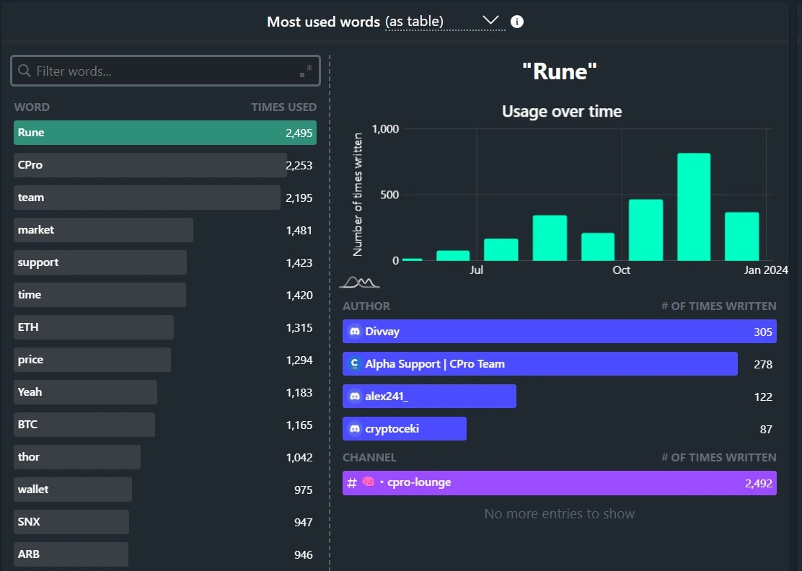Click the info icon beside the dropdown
pos(517,22)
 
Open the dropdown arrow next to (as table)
pos(490,21)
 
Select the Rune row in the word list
pos(164,133)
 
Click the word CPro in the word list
pos(30,165)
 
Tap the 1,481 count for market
pos(299,230)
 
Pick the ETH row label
pos(28,327)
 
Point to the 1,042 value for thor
pos(299,457)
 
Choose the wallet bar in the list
pos(72,490)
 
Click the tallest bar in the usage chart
pos(693,207)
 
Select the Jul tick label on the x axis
pos(476,270)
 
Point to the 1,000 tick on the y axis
pos(385,129)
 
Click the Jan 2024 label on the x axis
pos(766,270)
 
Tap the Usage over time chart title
pos(561,112)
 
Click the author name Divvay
pos(382,332)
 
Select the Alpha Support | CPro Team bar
pos(539,364)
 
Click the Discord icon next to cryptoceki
pos(354,429)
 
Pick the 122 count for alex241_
pos(762,397)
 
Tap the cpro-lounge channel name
pos(419,482)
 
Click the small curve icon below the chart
pos(358,282)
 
